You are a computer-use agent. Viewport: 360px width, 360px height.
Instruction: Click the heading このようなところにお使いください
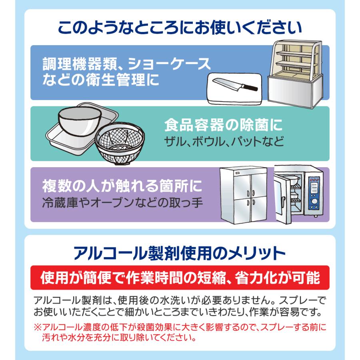(180, 29)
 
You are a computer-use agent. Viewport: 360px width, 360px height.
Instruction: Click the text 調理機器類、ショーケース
(126, 64)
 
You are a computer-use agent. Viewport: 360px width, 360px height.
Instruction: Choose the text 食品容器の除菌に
(223, 126)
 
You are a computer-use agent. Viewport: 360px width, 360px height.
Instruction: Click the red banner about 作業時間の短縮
(180, 278)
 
